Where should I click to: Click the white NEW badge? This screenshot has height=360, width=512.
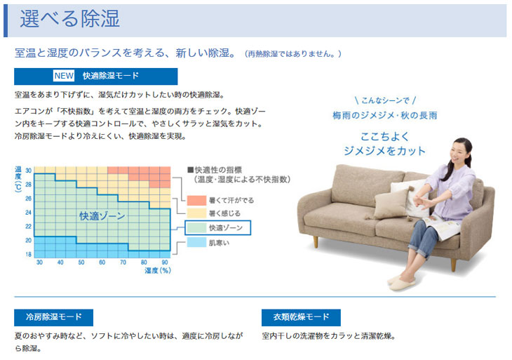pyautogui.click(x=64, y=76)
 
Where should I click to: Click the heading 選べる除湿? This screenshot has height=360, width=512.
pyautogui.click(x=70, y=19)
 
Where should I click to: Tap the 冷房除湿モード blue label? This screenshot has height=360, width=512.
pyautogui.click(x=53, y=317)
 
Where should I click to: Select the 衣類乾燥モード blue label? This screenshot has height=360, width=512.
pyautogui.click(x=301, y=317)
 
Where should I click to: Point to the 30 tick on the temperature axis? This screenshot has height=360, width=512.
pyautogui.click(x=29, y=171)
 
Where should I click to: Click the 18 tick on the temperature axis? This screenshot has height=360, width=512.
pyautogui.click(x=29, y=254)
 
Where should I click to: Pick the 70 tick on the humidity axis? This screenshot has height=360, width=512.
pyautogui.click(x=123, y=262)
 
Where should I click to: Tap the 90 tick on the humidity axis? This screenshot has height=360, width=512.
pyautogui.click(x=165, y=262)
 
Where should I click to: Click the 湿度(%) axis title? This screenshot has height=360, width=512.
pyautogui.click(x=158, y=270)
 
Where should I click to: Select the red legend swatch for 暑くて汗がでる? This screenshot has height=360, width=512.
pyautogui.click(x=196, y=200)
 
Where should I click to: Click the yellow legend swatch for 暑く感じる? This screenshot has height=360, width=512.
pyautogui.click(x=196, y=213)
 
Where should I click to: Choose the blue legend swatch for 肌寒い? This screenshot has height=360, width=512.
pyautogui.click(x=196, y=242)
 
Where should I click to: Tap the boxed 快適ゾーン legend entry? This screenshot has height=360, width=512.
pyautogui.click(x=218, y=227)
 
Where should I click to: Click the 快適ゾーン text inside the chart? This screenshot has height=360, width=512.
pyautogui.click(x=102, y=216)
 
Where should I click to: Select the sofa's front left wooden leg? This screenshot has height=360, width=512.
pyautogui.click(x=316, y=241)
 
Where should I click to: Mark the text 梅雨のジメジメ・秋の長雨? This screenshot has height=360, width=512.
pyautogui.click(x=384, y=116)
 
